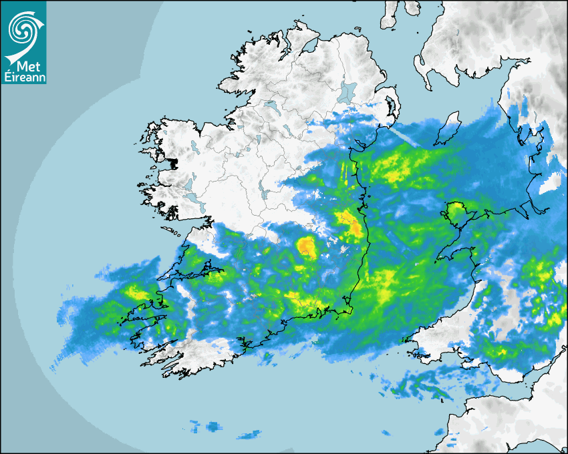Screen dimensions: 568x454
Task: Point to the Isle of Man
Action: (448, 128)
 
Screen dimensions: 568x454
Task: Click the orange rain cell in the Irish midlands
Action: (307, 246)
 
